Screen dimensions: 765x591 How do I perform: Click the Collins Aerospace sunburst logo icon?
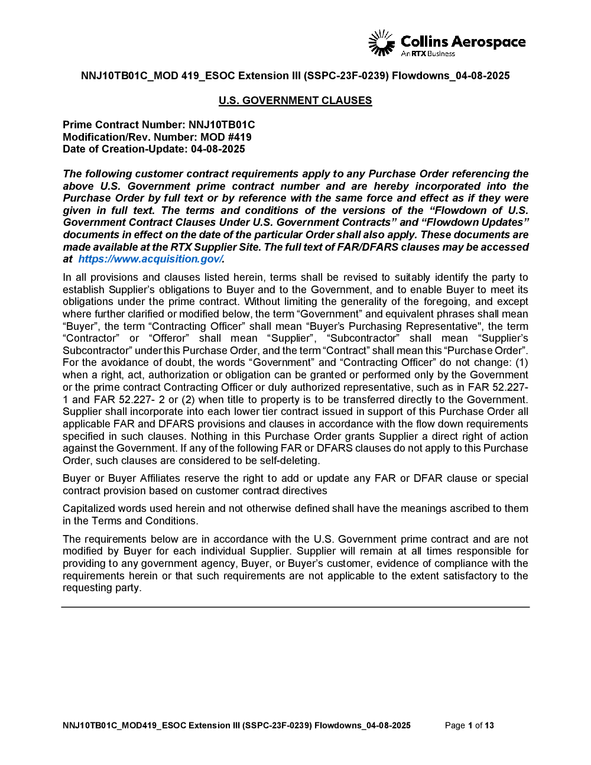point(381,43)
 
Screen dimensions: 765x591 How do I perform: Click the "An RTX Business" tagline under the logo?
point(428,54)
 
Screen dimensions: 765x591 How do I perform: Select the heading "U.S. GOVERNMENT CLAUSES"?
point(295,101)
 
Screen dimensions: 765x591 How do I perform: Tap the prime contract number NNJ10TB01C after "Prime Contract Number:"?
point(222,125)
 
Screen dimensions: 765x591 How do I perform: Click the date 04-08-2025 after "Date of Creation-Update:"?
point(217,149)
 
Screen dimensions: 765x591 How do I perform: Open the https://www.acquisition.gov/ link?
point(151,259)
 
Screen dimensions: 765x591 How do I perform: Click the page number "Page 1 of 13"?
point(469,725)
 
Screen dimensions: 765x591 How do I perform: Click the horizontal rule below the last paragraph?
point(295,607)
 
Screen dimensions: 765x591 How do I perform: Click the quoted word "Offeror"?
point(169,338)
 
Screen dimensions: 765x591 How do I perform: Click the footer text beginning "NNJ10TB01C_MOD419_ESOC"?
point(236,725)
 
